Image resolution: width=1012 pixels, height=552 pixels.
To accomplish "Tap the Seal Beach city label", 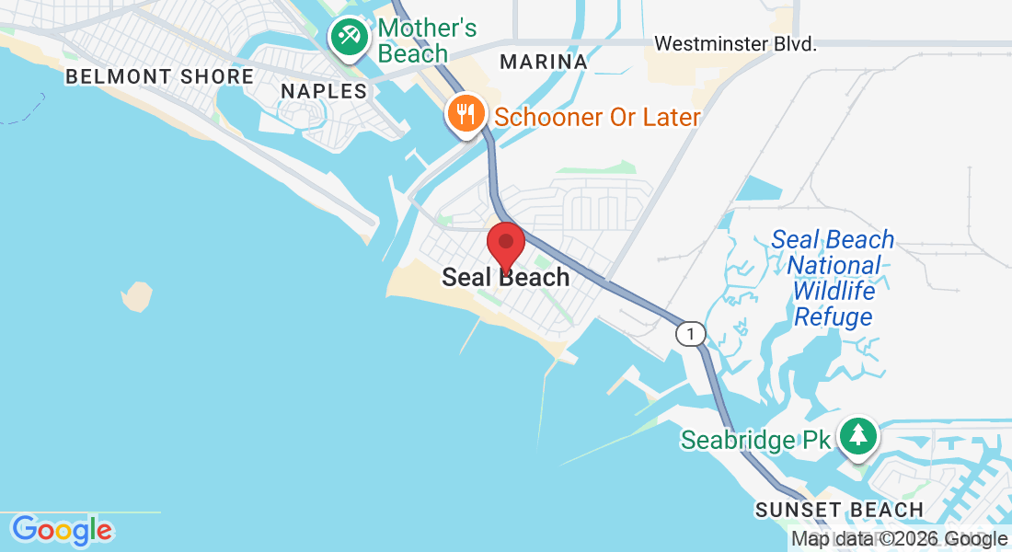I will (x=506, y=277).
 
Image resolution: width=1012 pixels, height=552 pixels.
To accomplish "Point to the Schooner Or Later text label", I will (x=597, y=117).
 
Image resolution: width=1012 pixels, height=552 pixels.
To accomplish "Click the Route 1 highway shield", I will (x=691, y=333).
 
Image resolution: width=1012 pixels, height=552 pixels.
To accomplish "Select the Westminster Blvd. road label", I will (x=735, y=43).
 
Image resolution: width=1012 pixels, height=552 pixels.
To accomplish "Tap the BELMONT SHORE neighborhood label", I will (x=159, y=76).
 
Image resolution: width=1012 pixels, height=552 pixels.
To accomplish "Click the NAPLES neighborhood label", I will (x=324, y=91).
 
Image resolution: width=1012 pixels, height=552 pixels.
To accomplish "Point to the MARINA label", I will (x=544, y=62).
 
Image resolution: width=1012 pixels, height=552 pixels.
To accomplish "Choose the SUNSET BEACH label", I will (x=839, y=510).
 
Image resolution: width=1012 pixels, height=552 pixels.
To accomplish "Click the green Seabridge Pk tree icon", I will (x=859, y=436).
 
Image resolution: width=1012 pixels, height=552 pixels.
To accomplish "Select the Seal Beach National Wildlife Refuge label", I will (x=833, y=278).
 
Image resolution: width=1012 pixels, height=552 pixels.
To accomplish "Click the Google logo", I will (x=62, y=530).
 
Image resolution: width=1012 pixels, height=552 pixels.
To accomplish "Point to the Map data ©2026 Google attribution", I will (x=900, y=539).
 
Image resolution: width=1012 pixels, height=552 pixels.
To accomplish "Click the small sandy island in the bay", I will (x=137, y=295).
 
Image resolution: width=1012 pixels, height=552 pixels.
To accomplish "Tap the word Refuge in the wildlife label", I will (x=833, y=317).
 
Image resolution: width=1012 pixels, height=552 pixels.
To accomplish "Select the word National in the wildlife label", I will (x=834, y=266).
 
